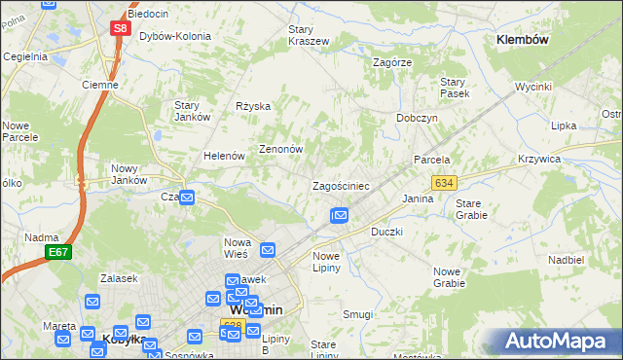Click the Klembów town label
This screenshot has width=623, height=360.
pos(523,40)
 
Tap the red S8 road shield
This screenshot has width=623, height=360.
pos(119,28)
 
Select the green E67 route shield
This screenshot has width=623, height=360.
pos(57,252)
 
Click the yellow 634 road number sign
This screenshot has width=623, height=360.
pos(444,182)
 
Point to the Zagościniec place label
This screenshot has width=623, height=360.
pos(340,185)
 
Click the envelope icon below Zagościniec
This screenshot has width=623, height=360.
pos(339,215)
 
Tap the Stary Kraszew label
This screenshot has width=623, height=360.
pos(308,35)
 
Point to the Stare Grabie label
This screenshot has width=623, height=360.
pos(473,209)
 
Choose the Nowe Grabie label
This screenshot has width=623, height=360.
pos(449,277)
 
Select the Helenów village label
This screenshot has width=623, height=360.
pos(223,156)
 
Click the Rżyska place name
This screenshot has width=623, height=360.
pos(253,106)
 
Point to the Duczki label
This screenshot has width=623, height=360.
pos(386,233)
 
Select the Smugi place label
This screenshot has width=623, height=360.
pos(357,314)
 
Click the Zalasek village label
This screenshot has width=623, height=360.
pos(101,277)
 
